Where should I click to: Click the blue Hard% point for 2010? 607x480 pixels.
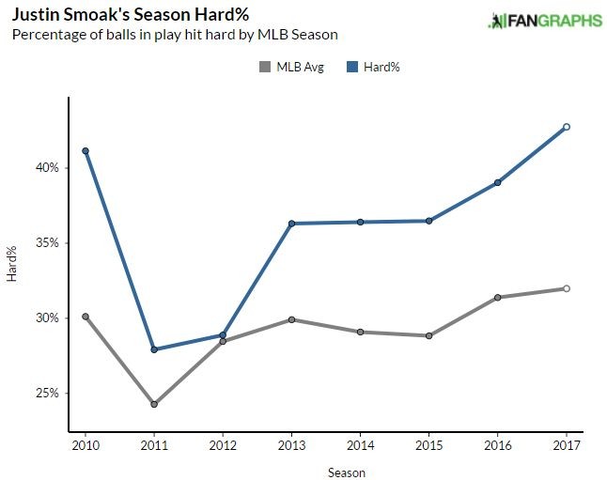(x=86, y=151)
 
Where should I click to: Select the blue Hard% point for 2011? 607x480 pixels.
(x=154, y=349)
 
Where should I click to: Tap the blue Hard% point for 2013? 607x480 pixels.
(x=291, y=224)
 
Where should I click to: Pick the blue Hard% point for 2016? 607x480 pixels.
(x=497, y=182)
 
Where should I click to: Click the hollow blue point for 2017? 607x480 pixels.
(x=566, y=127)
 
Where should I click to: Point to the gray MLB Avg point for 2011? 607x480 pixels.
(x=154, y=404)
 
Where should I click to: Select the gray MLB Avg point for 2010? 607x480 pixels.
(x=86, y=317)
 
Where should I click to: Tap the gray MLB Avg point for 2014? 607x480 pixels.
(x=360, y=332)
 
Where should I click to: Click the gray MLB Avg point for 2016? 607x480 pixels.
(x=497, y=298)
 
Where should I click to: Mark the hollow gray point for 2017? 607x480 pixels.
(x=566, y=288)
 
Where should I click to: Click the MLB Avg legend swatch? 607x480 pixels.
(x=264, y=67)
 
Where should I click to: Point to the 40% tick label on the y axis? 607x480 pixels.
(x=46, y=167)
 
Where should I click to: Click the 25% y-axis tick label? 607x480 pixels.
(x=46, y=393)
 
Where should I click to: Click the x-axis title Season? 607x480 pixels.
(x=347, y=472)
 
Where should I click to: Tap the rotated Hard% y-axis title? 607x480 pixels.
(x=12, y=265)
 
